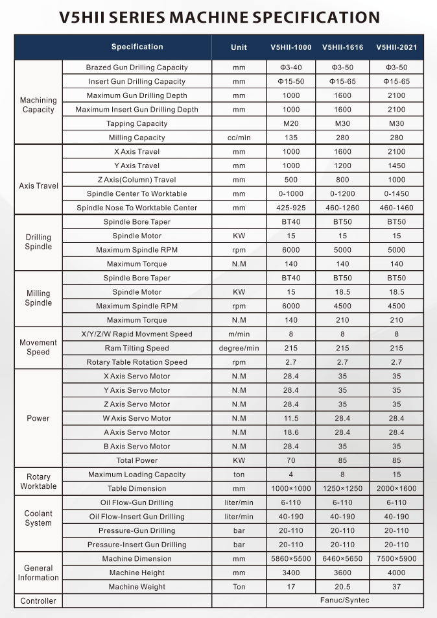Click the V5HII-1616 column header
(x=342, y=47)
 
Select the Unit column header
(x=239, y=47)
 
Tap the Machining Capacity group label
(x=38, y=105)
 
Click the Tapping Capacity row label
(x=137, y=123)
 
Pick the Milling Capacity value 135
(x=291, y=138)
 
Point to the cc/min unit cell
(x=239, y=138)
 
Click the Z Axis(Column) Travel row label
(x=137, y=180)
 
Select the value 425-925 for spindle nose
(x=291, y=208)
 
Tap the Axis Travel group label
(x=38, y=186)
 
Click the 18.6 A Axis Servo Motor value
(x=291, y=432)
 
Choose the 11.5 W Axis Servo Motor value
(x=291, y=418)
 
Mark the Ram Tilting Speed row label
(x=137, y=348)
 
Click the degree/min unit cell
(x=239, y=348)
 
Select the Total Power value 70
(x=291, y=460)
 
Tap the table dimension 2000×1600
(x=396, y=489)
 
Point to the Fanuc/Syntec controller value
(x=344, y=600)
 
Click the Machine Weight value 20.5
(x=342, y=587)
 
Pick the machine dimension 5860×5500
(x=291, y=559)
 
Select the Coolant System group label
(x=38, y=518)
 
